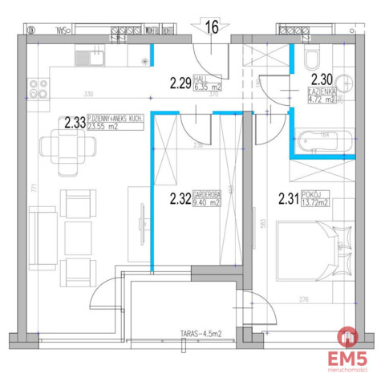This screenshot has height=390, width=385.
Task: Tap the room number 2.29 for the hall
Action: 180,80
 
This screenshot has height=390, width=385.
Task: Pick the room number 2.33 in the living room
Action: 73,124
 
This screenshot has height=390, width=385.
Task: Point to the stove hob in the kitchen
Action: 36,84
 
